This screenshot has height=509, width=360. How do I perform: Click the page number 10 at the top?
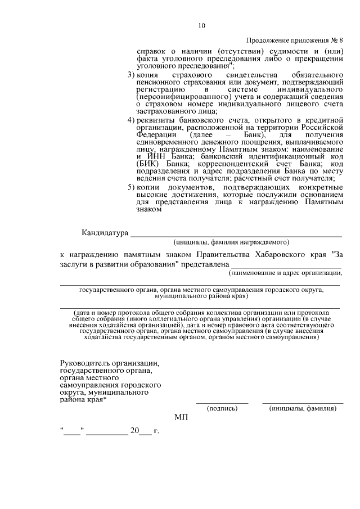click(x=202, y=25)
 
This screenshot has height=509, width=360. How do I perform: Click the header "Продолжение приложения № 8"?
click(x=295, y=41)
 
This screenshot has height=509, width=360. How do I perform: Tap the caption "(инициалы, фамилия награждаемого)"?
click(x=232, y=242)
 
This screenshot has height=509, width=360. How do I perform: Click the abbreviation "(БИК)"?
click(x=148, y=163)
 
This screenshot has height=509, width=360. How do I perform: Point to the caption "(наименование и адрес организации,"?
click(x=286, y=273)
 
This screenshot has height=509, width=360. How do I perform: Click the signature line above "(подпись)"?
click(x=222, y=402)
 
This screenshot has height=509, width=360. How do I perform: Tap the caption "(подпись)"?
click(x=222, y=409)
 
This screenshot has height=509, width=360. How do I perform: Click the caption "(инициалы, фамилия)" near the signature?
click(x=303, y=409)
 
